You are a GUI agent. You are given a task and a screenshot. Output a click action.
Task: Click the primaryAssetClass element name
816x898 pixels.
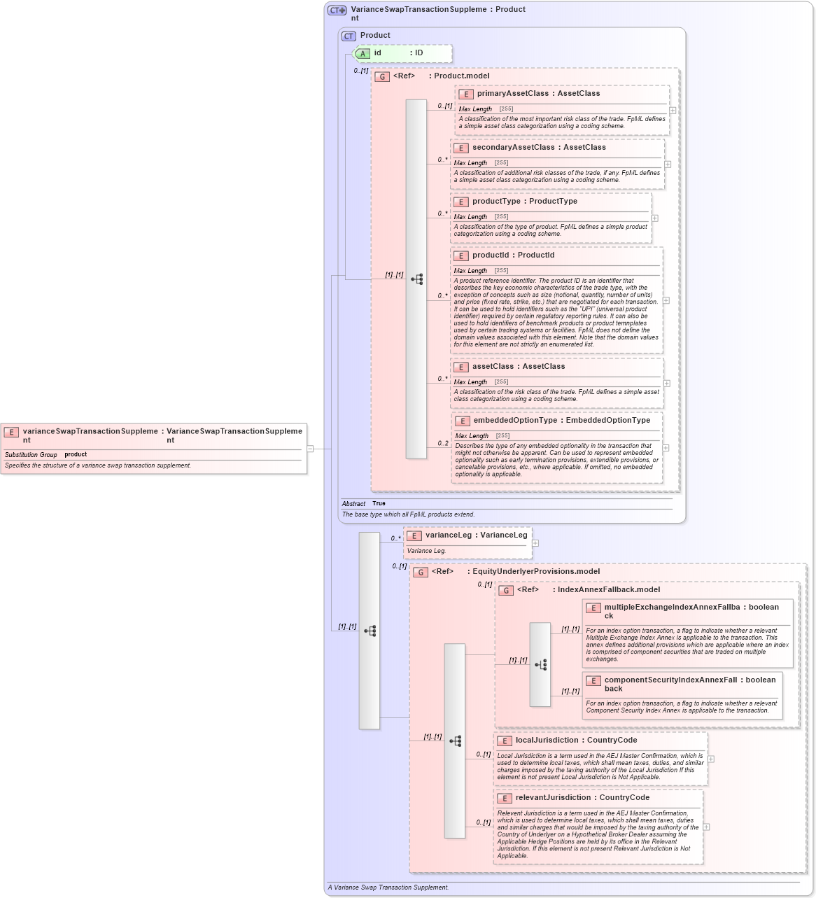coord(512,94)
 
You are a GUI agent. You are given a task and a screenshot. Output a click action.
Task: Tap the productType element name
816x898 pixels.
coord(495,202)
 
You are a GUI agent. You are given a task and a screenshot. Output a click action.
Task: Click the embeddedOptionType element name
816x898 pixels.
coord(515,421)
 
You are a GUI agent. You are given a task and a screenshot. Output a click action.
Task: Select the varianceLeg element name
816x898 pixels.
coord(448,535)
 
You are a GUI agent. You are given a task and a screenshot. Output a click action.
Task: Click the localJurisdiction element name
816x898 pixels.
coord(547,741)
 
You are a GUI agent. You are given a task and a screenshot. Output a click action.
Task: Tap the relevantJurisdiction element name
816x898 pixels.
coord(553,798)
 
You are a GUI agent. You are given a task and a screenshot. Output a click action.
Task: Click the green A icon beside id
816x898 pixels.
coord(363,54)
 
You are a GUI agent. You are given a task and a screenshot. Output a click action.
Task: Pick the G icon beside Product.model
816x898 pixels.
coord(382,77)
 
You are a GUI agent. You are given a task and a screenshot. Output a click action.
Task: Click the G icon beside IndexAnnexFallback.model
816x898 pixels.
coord(506,591)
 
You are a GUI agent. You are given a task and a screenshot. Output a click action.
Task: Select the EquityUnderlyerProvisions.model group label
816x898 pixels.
coord(535,572)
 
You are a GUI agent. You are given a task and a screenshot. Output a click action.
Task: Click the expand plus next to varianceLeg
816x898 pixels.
coord(535,543)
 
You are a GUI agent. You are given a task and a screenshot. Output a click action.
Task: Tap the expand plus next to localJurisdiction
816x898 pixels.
coord(711,759)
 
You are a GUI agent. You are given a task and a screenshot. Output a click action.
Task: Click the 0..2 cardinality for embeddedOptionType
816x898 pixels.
coord(443,443)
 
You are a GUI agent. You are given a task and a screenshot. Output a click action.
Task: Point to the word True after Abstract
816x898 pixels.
coord(379,504)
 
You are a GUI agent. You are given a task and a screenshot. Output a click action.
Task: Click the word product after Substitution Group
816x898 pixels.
coord(76,455)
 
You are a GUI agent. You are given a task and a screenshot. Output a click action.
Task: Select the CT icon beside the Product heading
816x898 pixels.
coord(349,36)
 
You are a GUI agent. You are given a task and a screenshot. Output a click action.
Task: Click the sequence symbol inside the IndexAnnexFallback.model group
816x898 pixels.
coord(540,665)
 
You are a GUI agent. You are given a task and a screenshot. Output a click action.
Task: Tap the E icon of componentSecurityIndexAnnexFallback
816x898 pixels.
coord(593,681)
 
